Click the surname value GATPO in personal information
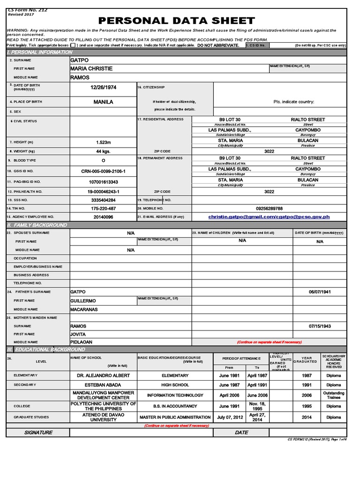click(x=79, y=60)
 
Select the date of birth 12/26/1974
click(x=103, y=88)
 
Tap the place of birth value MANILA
click(x=103, y=102)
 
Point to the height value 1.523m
click(x=103, y=142)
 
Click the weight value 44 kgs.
click(x=103, y=151)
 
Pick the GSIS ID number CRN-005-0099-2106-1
click(x=103, y=172)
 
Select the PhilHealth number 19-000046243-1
click(x=103, y=192)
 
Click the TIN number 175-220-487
click(x=103, y=208)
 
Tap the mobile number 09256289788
click(x=269, y=208)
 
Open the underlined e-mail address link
click(x=269, y=217)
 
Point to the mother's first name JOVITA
click(x=78, y=334)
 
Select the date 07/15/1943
click(x=320, y=326)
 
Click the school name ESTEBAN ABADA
click(x=103, y=385)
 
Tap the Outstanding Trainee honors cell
click(x=334, y=395)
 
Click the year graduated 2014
click(x=307, y=417)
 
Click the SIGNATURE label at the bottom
click(x=38, y=433)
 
